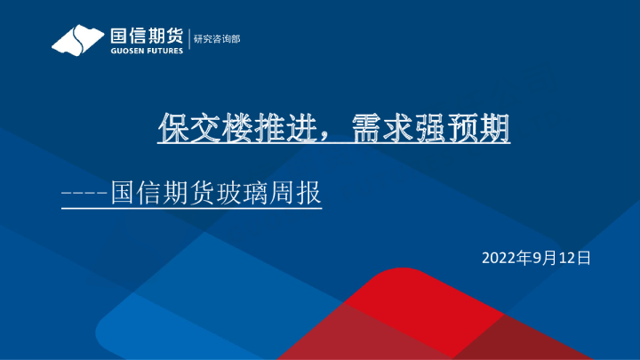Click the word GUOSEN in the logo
click(126, 51)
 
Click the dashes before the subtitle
click(84, 193)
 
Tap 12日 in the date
click(574, 258)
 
